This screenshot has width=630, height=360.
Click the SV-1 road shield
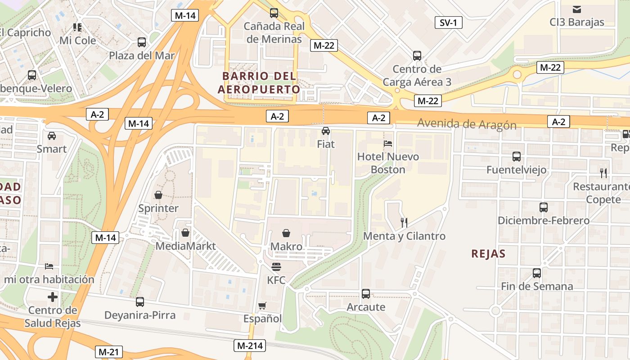click(448, 22)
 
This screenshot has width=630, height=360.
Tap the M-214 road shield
click(250, 346)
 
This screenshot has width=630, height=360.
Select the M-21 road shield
click(109, 351)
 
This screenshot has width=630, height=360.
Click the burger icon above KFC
click(276, 267)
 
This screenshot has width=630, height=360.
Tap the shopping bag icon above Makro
click(286, 233)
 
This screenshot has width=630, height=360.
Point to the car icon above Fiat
click(326, 131)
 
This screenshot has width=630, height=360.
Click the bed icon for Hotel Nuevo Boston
click(388, 144)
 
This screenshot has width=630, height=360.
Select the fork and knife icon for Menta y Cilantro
click(404, 222)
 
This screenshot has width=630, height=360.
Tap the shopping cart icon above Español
click(262, 306)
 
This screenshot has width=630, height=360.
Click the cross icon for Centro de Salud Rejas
click(53, 297)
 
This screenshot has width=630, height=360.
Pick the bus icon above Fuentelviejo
click(517, 157)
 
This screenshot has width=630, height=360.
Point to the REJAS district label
click(488, 254)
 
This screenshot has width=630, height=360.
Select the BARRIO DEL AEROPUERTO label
click(259, 82)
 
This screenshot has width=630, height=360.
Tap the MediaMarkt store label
click(185, 246)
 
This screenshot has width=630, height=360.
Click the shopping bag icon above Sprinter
click(158, 195)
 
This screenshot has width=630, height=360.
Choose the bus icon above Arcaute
click(366, 294)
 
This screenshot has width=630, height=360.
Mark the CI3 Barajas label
click(577, 22)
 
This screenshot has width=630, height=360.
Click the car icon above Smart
click(52, 135)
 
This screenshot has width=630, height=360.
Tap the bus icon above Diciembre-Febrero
click(544, 207)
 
